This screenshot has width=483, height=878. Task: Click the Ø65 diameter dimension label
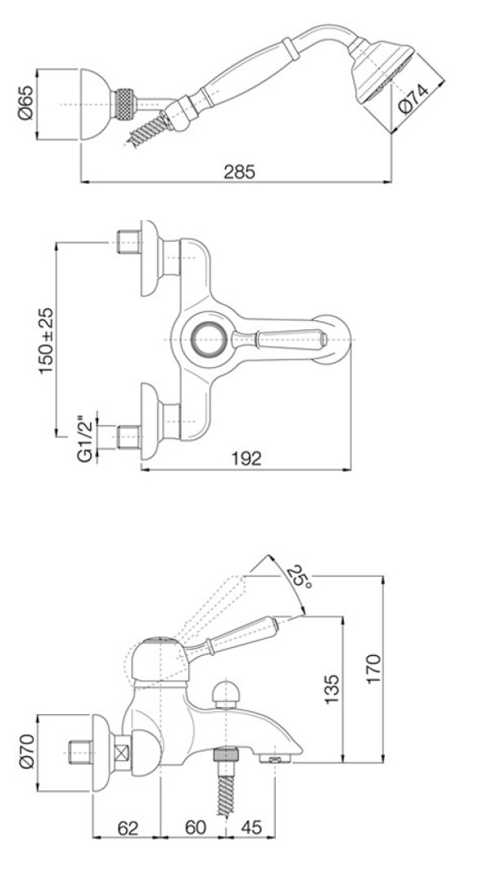pos(25,103)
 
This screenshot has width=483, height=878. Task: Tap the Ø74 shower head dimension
pos(414,98)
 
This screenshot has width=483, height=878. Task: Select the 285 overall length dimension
pos(239,172)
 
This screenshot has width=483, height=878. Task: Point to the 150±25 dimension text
pos(47,341)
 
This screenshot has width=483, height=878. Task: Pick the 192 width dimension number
pos(246,459)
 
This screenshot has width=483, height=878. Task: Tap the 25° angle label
pos(300,577)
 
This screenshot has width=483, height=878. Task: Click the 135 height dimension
pos(332,690)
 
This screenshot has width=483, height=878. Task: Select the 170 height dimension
pos(373,668)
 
